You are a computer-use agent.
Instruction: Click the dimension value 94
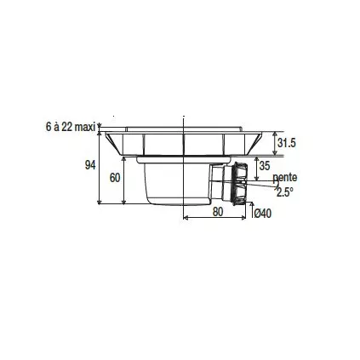tap(90, 165)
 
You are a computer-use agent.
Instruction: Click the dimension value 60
tap(116, 179)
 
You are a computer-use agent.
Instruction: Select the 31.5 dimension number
tap(287, 144)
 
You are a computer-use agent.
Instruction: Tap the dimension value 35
tap(264, 165)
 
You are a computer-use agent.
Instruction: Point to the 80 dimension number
tap(217, 213)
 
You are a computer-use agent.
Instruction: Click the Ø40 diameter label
tap(263, 214)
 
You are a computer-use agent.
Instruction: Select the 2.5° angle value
tap(284, 192)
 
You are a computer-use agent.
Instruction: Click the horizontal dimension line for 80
tap(217, 219)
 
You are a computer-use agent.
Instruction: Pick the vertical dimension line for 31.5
tap(274, 143)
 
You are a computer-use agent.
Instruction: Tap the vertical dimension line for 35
tap(254, 167)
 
